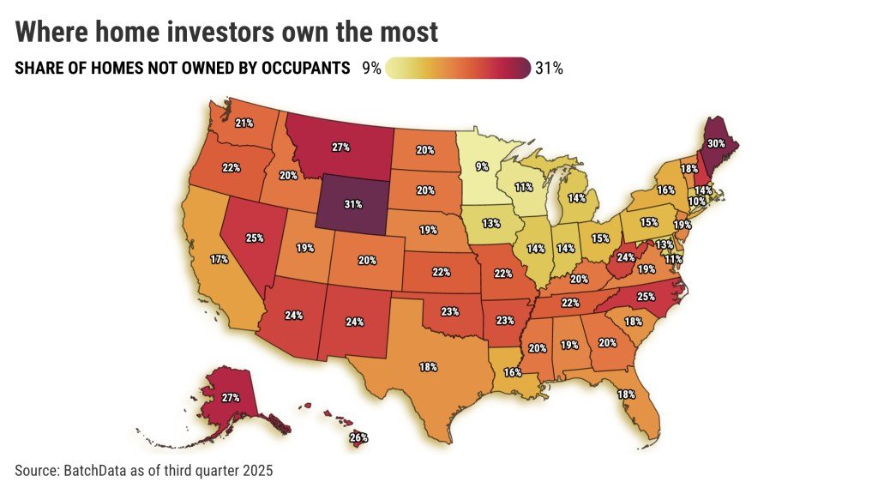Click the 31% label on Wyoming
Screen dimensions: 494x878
pyautogui.click(x=352, y=205)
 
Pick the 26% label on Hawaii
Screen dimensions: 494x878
pyautogui.click(x=358, y=437)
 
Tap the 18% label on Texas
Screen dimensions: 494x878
pyautogui.click(x=428, y=366)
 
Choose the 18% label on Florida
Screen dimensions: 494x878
pyautogui.click(x=626, y=395)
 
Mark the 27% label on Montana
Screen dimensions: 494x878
pyautogui.click(x=340, y=147)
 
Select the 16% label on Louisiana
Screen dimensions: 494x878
pyautogui.click(x=513, y=373)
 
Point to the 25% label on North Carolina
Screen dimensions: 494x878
pyautogui.click(x=646, y=296)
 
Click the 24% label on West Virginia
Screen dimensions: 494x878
pyautogui.click(x=625, y=256)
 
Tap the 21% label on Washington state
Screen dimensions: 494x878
pyautogui.click(x=244, y=123)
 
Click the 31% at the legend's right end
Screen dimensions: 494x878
pyautogui.click(x=549, y=69)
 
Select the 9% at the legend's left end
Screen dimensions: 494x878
pyautogui.click(x=371, y=69)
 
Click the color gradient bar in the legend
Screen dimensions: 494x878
pyautogui.click(x=458, y=68)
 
